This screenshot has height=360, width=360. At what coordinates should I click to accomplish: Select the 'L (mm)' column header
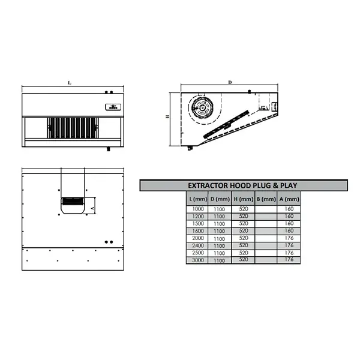coord(197,199)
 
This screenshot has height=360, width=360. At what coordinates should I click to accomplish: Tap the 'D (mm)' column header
coord(220,199)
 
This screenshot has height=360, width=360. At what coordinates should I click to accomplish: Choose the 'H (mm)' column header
coord(243,199)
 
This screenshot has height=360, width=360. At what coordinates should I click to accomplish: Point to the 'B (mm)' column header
coord(266,199)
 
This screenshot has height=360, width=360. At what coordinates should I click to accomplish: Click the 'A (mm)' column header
coord(289,199)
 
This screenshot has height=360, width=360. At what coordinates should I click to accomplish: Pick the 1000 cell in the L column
coord(197,208)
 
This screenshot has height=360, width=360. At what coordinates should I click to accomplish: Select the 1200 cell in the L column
coord(197,215)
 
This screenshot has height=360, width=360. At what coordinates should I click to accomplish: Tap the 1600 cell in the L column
coord(197,230)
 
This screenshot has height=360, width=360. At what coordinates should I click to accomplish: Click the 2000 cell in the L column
coord(197,238)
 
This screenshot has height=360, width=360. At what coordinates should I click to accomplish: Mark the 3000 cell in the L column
coord(197,260)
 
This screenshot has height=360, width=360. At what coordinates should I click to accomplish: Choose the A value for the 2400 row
coord(289,245)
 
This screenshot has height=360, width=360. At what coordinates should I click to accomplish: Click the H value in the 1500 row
coord(243,223)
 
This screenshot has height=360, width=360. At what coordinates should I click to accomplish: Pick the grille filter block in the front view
coord(72,127)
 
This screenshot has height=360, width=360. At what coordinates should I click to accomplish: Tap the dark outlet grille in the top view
coord(73,203)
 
